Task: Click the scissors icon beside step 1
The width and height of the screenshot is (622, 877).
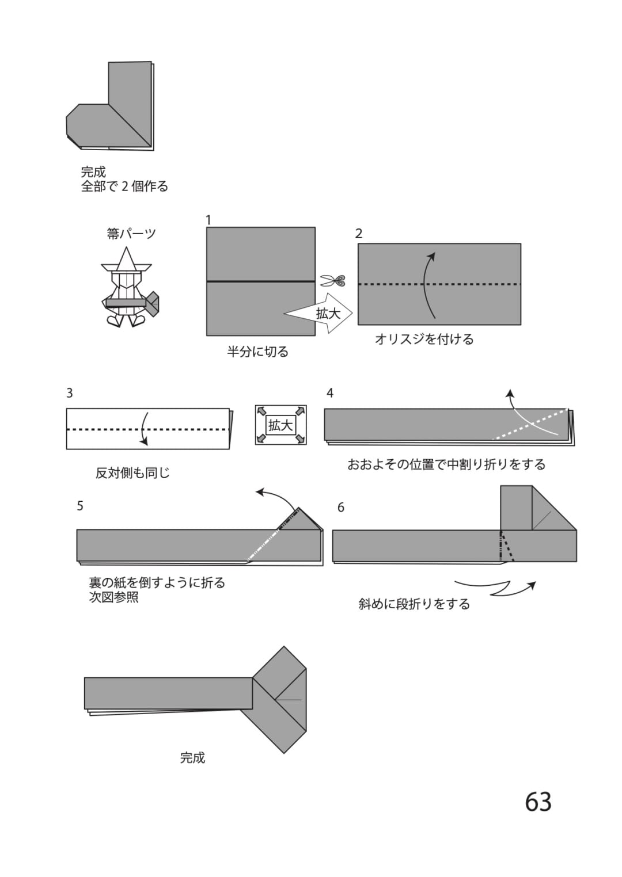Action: click(x=332, y=280)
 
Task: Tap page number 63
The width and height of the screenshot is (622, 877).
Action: click(x=538, y=802)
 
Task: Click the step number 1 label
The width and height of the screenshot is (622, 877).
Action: click(x=208, y=220)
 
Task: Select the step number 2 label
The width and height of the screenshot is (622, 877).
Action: click(x=359, y=234)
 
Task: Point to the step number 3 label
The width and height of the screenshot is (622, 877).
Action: click(x=70, y=392)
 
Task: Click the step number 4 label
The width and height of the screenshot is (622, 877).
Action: click(x=330, y=392)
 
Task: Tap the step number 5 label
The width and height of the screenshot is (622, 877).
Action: click(x=80, y=506)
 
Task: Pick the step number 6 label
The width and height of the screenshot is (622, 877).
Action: click(x=340, y=508)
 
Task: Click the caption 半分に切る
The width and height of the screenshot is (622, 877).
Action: click(x=257, y=352)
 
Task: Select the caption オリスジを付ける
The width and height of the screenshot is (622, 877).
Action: click(x=424, y=339)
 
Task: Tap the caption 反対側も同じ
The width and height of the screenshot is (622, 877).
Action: click(x=132, y=473)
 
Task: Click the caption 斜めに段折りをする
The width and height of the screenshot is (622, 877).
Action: click(x=414, y=604)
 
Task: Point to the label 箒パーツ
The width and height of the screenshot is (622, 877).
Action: click(x=132, y=234)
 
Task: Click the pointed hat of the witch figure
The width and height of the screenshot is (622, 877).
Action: click(x=126, y=259)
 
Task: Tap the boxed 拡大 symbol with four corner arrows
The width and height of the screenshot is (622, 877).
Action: click(x=280, y=425)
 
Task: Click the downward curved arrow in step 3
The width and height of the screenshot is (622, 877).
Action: click(x=144, y=429)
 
